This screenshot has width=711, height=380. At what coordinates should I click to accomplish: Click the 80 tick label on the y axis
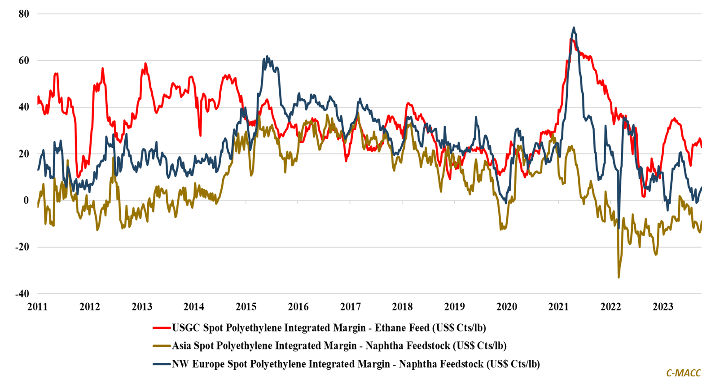[x=23, y=14]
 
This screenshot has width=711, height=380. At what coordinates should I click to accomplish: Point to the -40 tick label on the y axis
[x=22, y=294]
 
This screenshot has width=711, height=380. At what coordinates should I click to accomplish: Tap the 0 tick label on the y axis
[x=26, y=200]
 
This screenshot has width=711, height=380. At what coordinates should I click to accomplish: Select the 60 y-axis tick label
[x=23, y=61]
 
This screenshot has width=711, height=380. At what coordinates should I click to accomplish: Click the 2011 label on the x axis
[x=37, y=307]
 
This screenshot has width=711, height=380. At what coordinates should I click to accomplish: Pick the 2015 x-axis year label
[x=246, y=307]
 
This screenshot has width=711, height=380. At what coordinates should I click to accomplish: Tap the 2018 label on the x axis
[x=402, y=307]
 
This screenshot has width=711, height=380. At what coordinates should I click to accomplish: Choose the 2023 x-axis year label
[x=663, y=307]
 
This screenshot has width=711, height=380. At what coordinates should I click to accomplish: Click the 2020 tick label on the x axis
[x=506, y=307]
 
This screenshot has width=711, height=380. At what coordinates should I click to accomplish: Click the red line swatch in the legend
[x=162, y=328]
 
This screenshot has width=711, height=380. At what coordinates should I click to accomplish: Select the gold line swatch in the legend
[x=162, y=346]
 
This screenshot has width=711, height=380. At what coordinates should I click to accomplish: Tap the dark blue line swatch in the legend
[x=162, y=364]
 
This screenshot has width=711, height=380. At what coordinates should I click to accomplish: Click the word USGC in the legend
[x=186, y=328]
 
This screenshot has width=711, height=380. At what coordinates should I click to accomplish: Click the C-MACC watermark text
[x=683, y=373]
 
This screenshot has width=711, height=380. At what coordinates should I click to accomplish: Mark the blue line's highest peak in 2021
[x=574, y=27]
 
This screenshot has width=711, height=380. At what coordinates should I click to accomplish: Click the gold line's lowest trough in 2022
[x=619, y=278]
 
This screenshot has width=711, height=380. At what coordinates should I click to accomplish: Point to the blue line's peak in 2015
[x=267, y=56]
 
